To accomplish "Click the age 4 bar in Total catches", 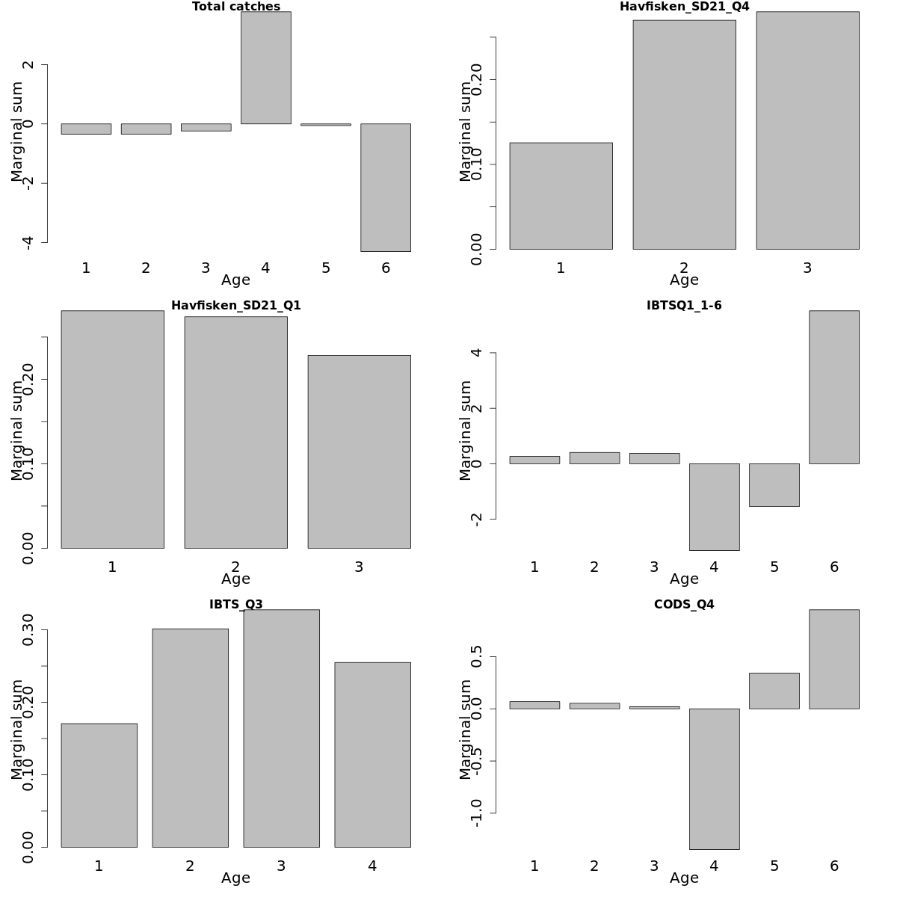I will tap(265, 67).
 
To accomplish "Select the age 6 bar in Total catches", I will tap(386, 187).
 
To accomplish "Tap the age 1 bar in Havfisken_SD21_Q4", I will tap(561, 196).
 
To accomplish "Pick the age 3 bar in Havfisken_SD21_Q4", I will tap(807, 131).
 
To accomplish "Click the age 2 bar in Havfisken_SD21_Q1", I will tap(235, 432).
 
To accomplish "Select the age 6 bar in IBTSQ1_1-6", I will tap(834, 387).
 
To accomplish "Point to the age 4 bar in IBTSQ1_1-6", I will tap(714, 507).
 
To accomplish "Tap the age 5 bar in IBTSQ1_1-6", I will tap(774, 484).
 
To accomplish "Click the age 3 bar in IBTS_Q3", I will tap(281, 728).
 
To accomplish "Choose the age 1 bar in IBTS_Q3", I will tap(99, 785).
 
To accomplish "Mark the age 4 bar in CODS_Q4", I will tap(714, 779).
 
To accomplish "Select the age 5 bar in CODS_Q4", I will tap(774, 691).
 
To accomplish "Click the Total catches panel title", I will tap(236, 7).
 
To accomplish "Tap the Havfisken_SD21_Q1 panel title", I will tap(236, 306).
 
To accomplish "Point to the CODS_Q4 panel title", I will tap(684, 605).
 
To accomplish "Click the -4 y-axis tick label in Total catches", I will tap(28, 242).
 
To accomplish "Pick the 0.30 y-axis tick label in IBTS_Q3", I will tap(28, 630).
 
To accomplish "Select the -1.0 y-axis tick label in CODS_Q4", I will tap(477, 813).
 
